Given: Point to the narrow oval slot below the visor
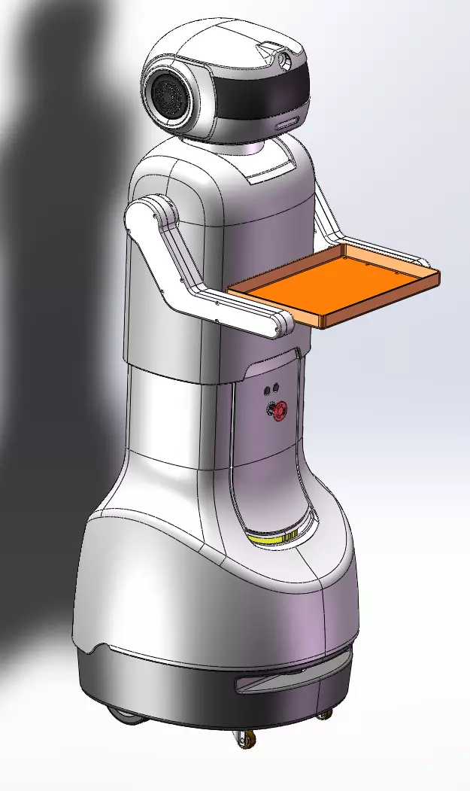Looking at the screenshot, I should pyautogui.click(x=286, y=123).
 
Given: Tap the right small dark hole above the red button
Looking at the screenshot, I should pyautogui.click(x=276, y=388).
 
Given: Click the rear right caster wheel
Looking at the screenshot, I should pyautogui.click(x=324, y=714).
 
